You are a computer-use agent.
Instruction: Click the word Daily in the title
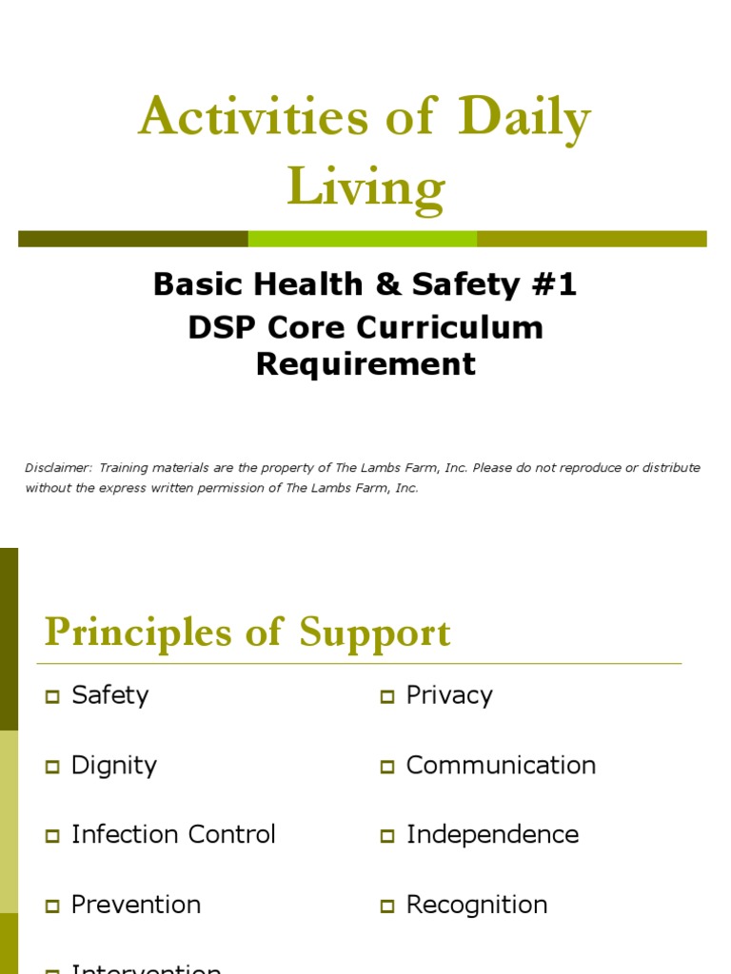[x=524, y=119]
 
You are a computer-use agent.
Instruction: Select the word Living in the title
[x=365, y=186]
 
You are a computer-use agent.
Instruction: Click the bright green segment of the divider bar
[x=362, y=239]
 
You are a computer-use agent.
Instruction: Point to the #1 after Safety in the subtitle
[x=555, y=284]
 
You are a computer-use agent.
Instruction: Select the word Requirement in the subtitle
[x=365, y=363]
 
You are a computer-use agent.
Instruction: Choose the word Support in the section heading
[x=375, y=633]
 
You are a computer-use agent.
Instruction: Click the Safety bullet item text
[x=110, y=695]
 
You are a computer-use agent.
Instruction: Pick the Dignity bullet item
[x=114, y=766]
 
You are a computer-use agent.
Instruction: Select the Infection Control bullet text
[x=173, y=835]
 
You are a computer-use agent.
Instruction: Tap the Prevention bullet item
[x=136, y=905]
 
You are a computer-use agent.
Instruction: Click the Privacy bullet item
[x=449, y=695]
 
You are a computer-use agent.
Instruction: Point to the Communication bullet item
[x=501, y=766]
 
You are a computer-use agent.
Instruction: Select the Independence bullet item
[x=492, y=835]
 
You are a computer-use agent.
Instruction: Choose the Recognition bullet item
[x=477, y=905]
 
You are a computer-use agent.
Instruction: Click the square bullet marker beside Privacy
[x=387, y=697]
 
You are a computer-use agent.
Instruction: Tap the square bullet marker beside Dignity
[x=52, y=767]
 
